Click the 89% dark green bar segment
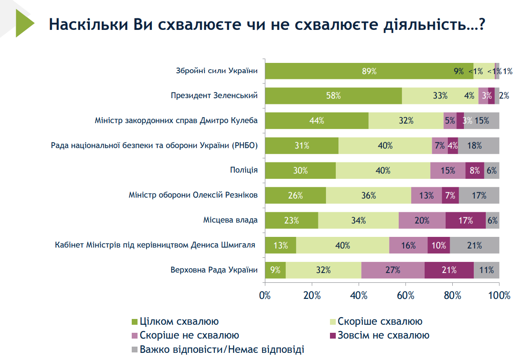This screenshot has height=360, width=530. pyautogui.click(x=369, y=71)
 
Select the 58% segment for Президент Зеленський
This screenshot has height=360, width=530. pyautogui.click(x=333, y=95)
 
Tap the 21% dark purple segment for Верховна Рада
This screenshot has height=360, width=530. pyautogui.click(x=449, y=270)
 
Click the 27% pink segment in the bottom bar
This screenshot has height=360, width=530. pyautogui.click(x=392, y=270)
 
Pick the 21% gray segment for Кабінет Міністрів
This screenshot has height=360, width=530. pyautogui.click(x=474, y=245)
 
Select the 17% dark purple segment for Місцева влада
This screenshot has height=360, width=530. pyautogui.click(x=465, y=220)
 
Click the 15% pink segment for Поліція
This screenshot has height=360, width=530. pyautogui.click(x=447, y=170)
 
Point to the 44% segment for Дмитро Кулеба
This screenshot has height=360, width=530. pyautogui.click(x=317, y=120)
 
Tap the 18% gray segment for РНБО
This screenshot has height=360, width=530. pyautogui.click(x=478, y=145)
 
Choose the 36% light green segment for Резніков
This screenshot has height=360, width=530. pyautogui.click(x=368, y=195)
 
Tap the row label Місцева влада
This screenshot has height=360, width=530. pyautogui.click(x=230, y=220)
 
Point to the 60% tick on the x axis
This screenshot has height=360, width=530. pyautogui.click(x=405, y=295)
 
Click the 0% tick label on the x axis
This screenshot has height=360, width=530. pyautogui.click(x=265, y=295)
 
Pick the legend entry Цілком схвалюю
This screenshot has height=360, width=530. pyautogui.click(x=179, y=321)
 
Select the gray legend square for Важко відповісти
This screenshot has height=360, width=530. pyautogui.click(x=134, y=349)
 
